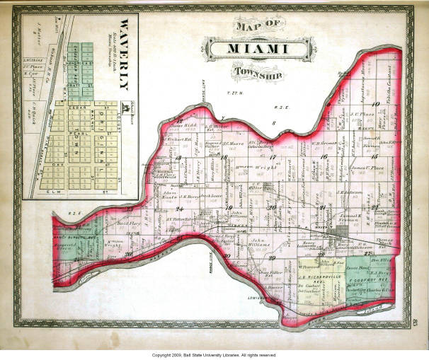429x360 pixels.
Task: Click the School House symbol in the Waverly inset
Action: (125, 108)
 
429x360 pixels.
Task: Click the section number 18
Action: (224, 156)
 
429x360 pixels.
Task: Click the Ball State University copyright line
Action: (214, 354)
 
